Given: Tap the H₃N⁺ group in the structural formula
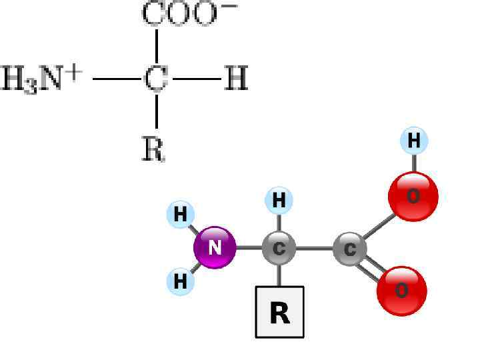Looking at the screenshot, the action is tap(41, 79).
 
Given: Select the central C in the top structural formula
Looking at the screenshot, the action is tap(156, 79).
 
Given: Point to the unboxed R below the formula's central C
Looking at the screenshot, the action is tap(153, 149).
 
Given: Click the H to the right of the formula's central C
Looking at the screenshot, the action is tap(235, 79).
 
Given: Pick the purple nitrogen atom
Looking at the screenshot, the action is tap(215, 247).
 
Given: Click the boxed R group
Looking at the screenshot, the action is tap(280, 312).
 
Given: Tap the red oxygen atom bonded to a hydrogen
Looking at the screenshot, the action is tap(413, 196).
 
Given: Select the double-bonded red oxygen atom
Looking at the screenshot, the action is tap(402, 291).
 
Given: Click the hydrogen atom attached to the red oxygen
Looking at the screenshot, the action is tap(414, 141).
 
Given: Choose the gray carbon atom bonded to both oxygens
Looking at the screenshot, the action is tap(350, 249).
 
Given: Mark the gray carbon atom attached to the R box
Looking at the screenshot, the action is tap(279, 249).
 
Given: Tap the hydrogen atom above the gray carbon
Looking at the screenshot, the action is tap(279, 200).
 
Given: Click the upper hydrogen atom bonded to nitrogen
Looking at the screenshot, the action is tap(180, 215).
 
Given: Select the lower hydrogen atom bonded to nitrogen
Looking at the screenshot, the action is tap(180, 281).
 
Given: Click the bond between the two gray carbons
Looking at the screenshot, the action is tap(315, 249).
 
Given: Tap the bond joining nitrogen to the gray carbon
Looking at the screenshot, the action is tap(248, 248).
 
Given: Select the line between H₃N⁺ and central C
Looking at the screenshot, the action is tap(117, 79).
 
